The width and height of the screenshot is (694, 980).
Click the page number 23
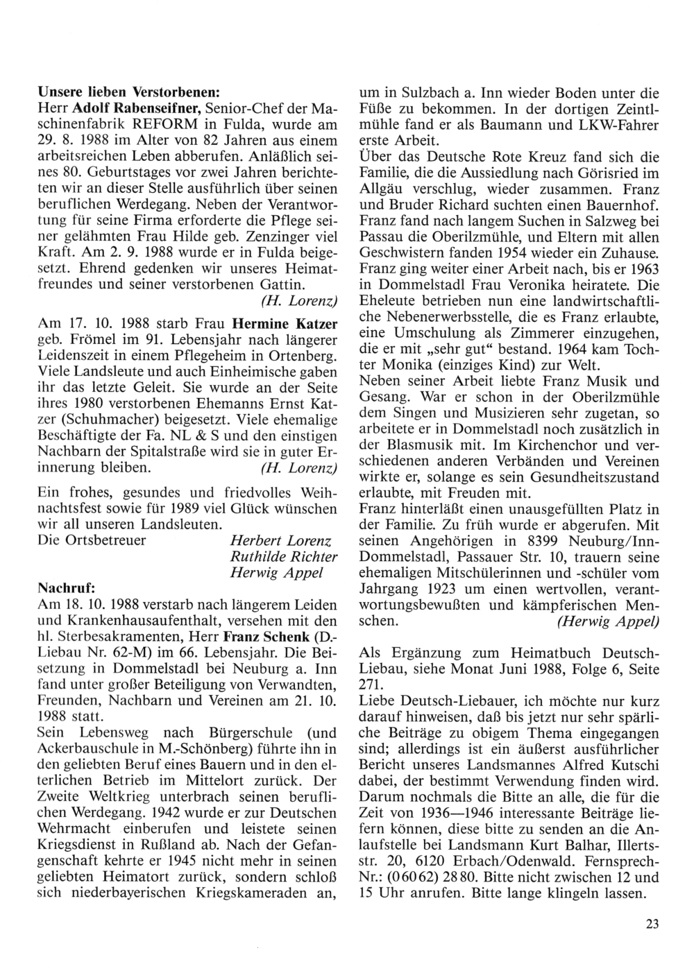(x=650, y=922)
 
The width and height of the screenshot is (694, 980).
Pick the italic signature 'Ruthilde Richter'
(x=284, y=556)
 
